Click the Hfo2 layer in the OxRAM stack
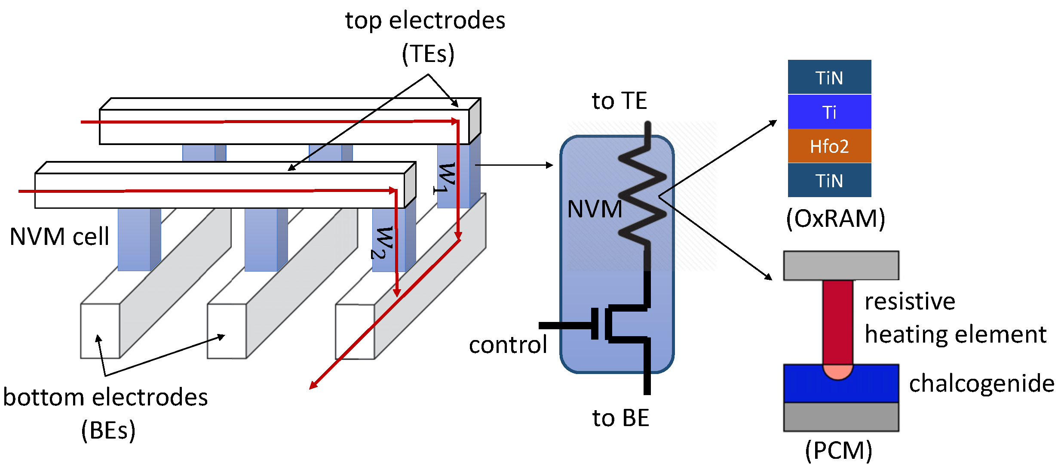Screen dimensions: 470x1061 (829, 146)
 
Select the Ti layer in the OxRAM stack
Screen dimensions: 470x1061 (829, 112)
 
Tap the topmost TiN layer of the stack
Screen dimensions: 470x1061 (829, 77)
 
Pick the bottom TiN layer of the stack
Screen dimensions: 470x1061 (829, 180)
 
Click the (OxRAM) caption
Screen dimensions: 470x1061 (835, 219)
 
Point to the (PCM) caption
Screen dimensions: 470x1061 (838, 450)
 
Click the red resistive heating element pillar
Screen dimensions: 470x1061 (837, 321)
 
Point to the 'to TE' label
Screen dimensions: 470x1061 (619, 101)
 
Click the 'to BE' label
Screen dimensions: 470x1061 (620, 418)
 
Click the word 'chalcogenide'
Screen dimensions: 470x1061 (981, 383)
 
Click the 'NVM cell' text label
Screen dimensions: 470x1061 (59, 237)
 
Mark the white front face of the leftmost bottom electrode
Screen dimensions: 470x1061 (100, 331)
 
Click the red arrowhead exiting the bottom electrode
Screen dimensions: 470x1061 (313, 385)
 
